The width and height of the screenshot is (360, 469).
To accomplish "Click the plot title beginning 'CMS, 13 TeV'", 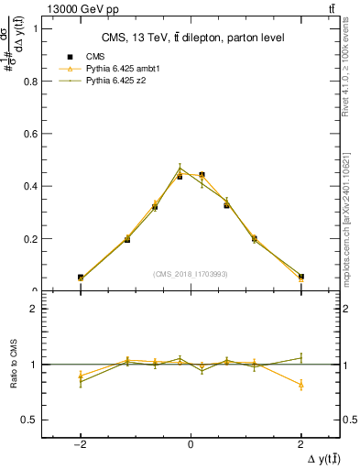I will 191,38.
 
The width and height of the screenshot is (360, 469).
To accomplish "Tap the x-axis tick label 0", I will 191,443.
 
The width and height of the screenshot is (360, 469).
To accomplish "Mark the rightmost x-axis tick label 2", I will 301,443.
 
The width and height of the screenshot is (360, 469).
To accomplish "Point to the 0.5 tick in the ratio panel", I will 35,420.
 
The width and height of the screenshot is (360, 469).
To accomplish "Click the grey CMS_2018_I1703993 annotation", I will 191,273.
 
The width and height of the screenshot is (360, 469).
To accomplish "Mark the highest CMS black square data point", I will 202,174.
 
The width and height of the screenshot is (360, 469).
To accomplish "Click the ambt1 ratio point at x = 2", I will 301,385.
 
